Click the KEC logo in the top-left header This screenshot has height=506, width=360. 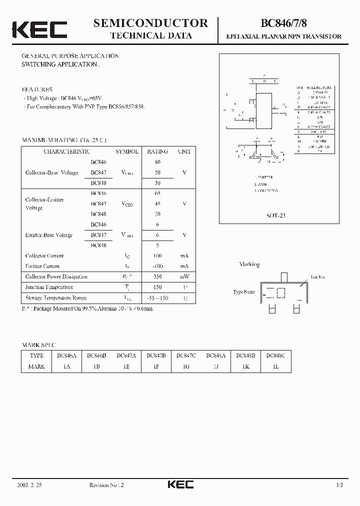pos(39,29)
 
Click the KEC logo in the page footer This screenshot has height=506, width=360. pos(180,484)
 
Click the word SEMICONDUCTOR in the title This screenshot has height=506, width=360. pos(150,23)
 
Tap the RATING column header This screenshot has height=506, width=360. pos(157,151)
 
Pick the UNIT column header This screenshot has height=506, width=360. pos(184,151)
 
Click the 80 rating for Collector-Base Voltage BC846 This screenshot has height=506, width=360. pos(158,162)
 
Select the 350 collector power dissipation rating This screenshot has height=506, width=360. pos(158,276)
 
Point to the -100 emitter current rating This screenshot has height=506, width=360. pos(158,266)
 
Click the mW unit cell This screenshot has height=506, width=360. pos(184,276)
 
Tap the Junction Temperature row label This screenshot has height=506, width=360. pos(49,287)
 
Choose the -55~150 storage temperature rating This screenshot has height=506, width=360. pos(158,298)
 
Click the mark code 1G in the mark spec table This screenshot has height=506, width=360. pos(186,366)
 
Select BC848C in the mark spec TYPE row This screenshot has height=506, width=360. pos(275,355)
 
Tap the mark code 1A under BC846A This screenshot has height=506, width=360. pos(66,366)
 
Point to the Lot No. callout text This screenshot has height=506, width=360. pos(318,276)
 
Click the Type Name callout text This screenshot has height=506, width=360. pos(244,291)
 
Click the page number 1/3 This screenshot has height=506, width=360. pos(339,485)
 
